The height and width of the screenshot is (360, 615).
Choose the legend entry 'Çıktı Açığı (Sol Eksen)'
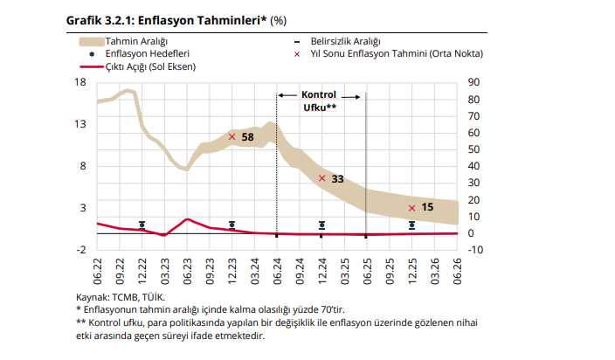pos(149,66)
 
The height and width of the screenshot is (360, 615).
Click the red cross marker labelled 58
pos(232,136)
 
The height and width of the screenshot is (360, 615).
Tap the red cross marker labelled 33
pos(322,178)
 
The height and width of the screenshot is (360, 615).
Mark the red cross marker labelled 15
pos(411,208)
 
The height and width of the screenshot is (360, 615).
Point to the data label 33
pos(337,179)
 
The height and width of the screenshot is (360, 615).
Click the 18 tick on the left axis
pos(80,83)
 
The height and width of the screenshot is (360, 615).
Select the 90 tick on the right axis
pos(475,83)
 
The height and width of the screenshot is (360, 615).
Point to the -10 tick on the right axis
pos(476,250)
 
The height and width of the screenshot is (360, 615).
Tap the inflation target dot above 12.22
pos(142,225)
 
